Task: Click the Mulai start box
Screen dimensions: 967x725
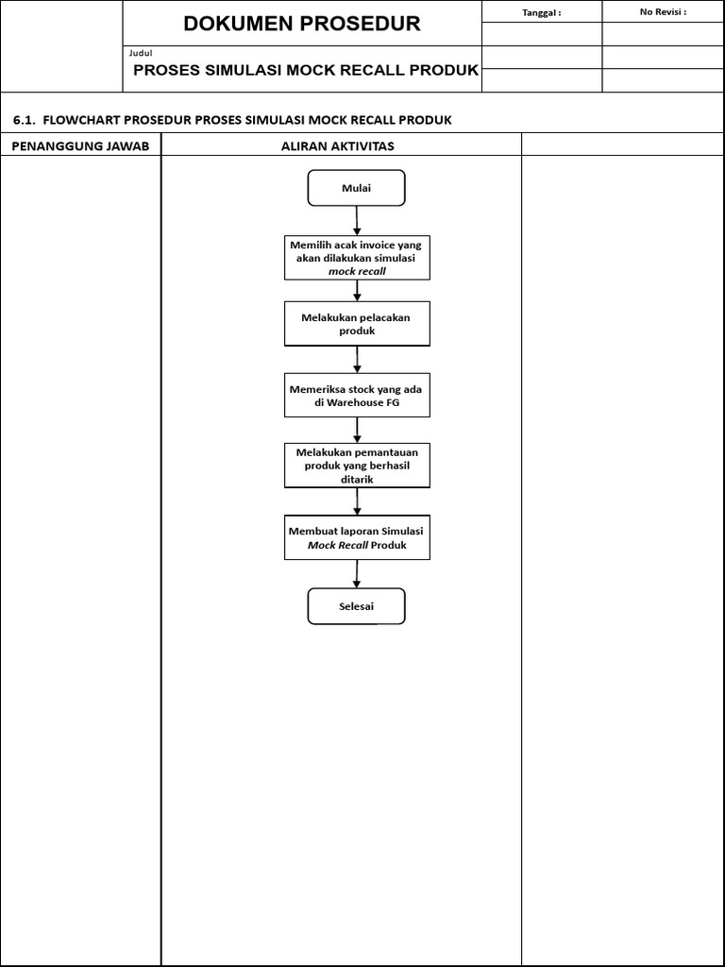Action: [356, 188]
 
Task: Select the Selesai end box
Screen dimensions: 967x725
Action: [356, 606]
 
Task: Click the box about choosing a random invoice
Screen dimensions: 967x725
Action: [357, 258]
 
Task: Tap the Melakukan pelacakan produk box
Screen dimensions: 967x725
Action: [357, 324]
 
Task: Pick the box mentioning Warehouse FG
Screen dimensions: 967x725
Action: [357, 395]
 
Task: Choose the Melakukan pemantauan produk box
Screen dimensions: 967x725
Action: [357, 466]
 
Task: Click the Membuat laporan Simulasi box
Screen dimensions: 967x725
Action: [357, 537]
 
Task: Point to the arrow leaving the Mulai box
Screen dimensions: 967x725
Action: [357, 220]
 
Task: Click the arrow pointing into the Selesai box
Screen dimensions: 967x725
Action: [357, 573]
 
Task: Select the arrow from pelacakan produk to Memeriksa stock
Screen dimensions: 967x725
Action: [357, 359]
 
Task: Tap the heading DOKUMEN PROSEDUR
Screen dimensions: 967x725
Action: [302, 25]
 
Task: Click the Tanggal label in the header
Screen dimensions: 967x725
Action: [541, 12]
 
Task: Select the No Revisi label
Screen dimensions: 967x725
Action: [663, 12]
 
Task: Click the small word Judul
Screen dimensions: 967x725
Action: [141, 53]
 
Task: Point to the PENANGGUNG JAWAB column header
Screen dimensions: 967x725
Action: [80, 145]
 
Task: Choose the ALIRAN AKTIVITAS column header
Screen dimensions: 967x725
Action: [337, 145]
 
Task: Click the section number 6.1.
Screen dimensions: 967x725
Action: [24, 120]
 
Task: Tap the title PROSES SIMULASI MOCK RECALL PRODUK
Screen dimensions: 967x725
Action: [306, 70]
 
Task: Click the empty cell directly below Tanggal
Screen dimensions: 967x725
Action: [541, 34]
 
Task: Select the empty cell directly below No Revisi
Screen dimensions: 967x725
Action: [663, 34]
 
